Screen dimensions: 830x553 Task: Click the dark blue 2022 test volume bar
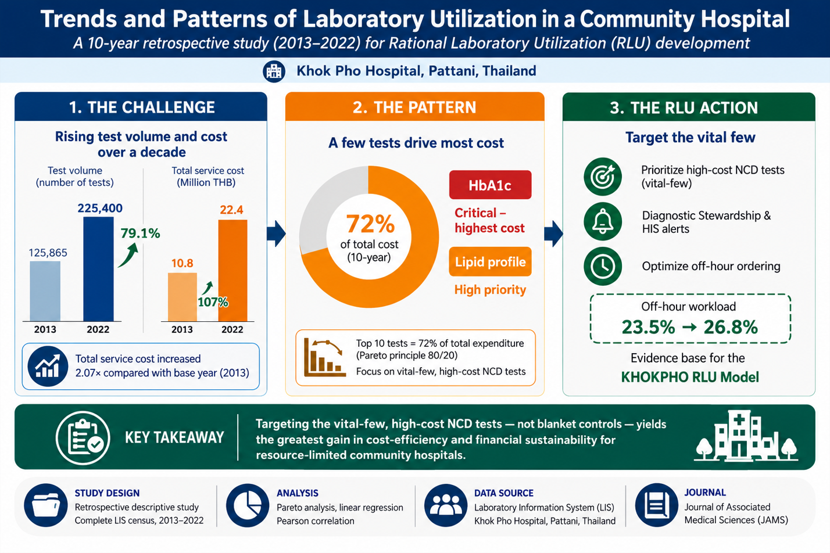pos(98,269)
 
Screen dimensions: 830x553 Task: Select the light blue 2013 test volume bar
pos(45,291)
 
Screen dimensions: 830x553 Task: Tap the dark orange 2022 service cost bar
pos(232,270)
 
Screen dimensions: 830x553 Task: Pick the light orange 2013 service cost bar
pos(183,297)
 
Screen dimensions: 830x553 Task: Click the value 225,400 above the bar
pos(100,208)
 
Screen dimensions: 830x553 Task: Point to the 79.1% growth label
pos(141,234)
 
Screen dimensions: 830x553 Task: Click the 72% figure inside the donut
pos(370,224)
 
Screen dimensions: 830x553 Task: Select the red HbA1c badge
pos(490,185)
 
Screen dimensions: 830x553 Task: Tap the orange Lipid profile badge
pos(490,261)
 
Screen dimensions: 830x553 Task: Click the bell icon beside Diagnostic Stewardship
pos(603,221)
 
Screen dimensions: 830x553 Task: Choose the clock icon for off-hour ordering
pos(603,266)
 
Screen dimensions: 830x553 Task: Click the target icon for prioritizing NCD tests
pos(603,177)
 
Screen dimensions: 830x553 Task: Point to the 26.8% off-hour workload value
pos(731,327)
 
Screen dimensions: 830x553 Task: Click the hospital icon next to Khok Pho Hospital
pos(274,71)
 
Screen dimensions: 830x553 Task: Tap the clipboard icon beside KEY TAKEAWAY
pos(83,438)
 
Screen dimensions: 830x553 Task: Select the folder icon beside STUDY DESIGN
pos(46,505)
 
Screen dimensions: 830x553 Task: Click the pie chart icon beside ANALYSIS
pos(248,505)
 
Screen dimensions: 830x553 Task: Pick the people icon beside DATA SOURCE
pos(446,505)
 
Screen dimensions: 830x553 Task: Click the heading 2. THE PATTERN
pos(414,107)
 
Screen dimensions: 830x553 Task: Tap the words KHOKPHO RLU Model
pos(690,377)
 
